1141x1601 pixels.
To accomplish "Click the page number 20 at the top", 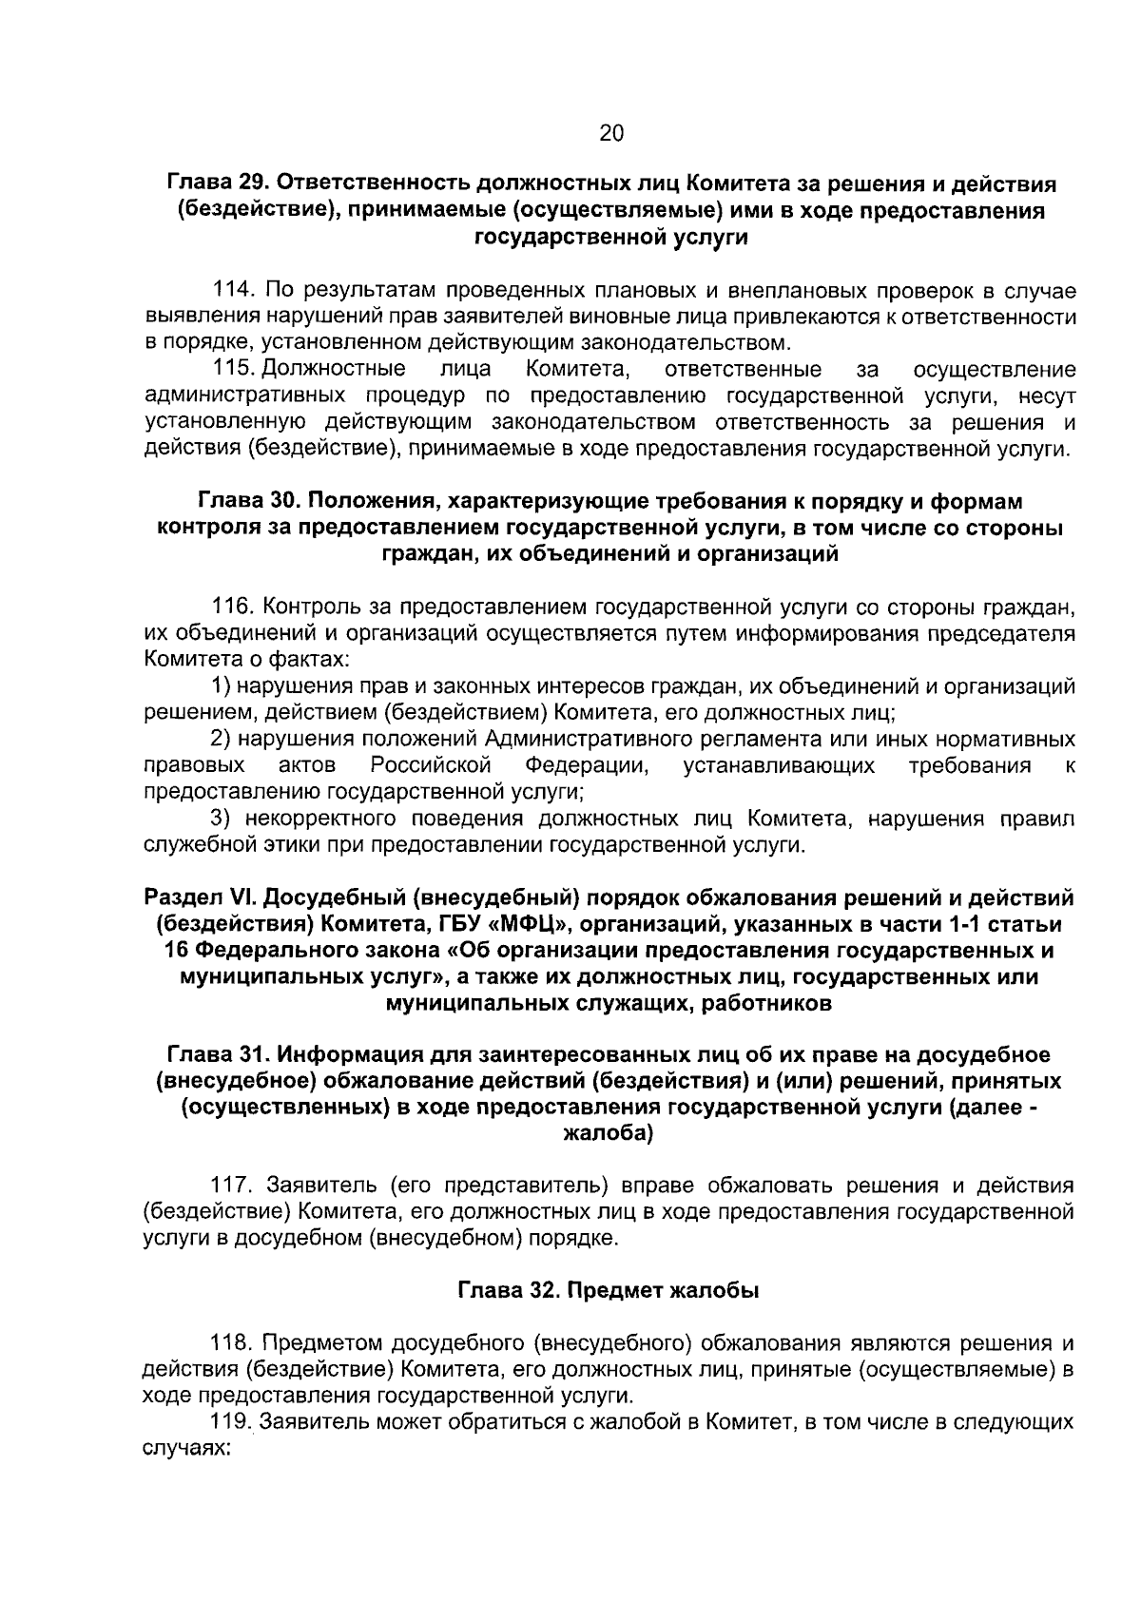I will coord(611,134).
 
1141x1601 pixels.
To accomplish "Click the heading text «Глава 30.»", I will coord(248,501).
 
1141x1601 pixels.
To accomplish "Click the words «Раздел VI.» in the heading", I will coord(199,897).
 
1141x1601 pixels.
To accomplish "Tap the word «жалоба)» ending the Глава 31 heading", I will coord(609,1134).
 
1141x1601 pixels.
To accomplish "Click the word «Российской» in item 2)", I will coord(431,765).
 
